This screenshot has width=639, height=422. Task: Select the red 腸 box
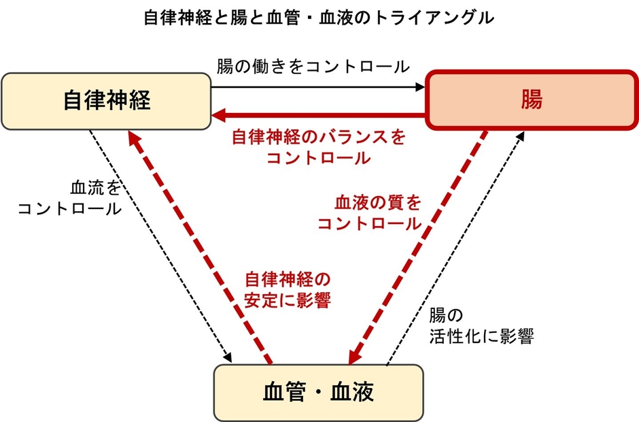click(x=531, y=101)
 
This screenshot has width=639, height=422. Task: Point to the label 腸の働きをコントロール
click(x=313, y=67)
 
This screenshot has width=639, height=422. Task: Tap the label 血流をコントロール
click(x=70, y=198)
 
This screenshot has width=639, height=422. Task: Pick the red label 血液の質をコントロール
click(x=369, y=213)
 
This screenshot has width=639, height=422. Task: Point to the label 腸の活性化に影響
click(x=481, y=326)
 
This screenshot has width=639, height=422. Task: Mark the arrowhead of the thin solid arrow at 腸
click(x=419, y=87)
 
